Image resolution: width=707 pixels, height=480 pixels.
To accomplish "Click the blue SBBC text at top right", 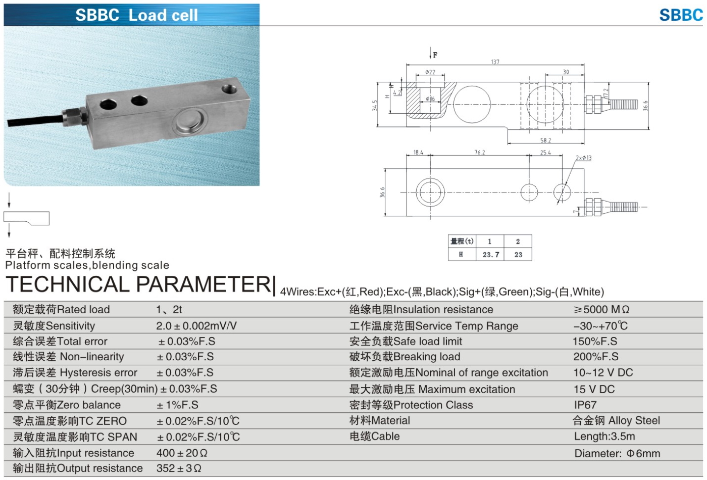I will click(680, 15).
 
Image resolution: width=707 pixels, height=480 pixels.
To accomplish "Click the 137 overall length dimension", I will click(495, 62).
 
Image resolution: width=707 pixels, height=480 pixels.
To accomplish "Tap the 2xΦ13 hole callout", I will click(583, 158).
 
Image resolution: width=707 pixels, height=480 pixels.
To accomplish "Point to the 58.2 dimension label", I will click(545, 140).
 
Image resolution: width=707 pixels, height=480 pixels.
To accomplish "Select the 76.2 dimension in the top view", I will click(480, 152).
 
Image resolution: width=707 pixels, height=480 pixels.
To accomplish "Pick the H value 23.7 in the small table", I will click(490, 255).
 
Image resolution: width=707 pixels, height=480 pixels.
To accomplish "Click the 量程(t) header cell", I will click(462, 242).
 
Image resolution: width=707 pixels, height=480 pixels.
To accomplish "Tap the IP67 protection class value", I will click(585, 405).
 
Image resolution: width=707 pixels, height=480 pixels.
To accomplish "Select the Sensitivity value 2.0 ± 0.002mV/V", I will click(196, 326).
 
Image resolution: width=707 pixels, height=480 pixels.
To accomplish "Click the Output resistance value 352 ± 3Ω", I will click(179, 468).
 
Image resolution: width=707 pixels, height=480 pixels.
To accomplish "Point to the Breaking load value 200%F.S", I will click(595, 357).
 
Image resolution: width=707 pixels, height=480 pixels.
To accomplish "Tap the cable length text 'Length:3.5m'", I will click(604, 437).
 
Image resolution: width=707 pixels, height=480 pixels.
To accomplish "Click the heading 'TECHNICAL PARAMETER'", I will click(139, 284).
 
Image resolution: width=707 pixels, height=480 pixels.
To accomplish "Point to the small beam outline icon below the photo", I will click(26, 218).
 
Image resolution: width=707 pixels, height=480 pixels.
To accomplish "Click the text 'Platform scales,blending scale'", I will click(87, 265).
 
